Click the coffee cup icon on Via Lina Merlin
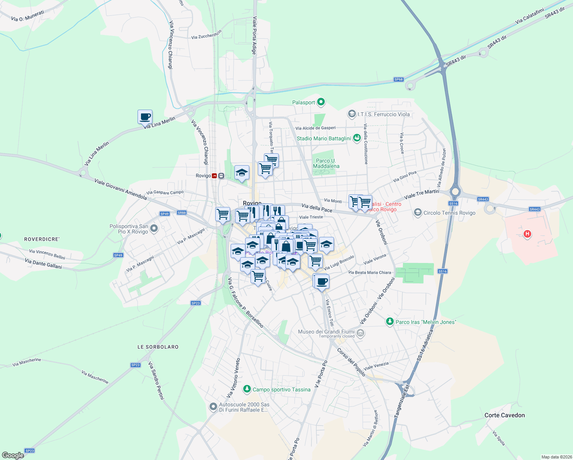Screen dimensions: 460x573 point(145,117)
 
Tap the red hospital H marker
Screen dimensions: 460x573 point(527,233)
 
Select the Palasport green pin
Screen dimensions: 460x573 point(321,102)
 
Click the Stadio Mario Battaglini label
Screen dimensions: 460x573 point(324,138)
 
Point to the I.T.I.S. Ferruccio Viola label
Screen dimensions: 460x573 point(383,114)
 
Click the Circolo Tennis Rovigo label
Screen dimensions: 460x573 point(449,213)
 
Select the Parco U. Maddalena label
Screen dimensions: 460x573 point(326,163)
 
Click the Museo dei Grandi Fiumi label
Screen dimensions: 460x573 point(326,332)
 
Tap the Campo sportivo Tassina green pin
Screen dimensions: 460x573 point(247,389)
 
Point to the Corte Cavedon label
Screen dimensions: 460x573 point(504,415)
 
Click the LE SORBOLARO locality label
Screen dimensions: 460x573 point(158,347)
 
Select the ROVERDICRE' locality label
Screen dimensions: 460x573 point(42,239)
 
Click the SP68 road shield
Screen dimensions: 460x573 point(398,80)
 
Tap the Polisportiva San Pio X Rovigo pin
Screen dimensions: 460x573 point(154,229)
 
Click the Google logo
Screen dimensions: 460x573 point(13,455)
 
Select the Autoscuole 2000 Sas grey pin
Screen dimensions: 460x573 point(213,407)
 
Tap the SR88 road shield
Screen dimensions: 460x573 point(182,213)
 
